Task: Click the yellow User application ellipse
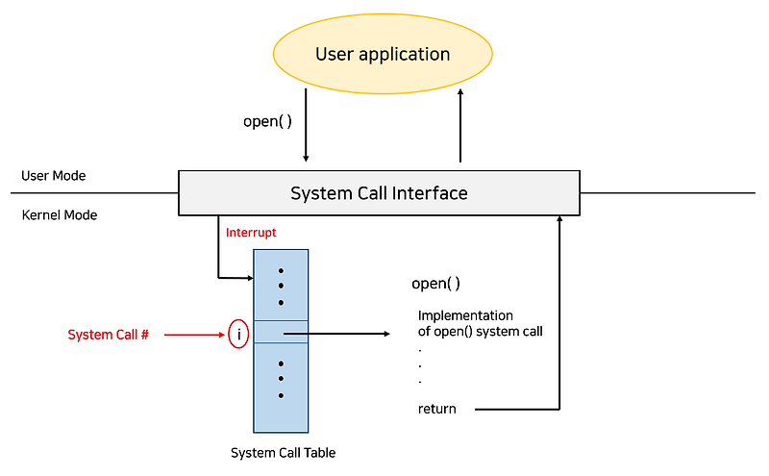[x=383, y=54]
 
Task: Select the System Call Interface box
[x=379, y=193]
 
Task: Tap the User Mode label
[x=54, y=176]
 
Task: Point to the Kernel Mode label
[x=60, y=215]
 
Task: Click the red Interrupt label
[x=251, y=233]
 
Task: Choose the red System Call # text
[x=108, y=335]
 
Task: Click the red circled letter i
[x=237, y=335]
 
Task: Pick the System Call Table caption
[x=283, y=452]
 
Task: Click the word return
[x=437, y=409]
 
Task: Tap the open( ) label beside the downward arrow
[x=268, y=122]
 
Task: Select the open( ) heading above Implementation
[x=435, y=284]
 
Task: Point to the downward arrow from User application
[x=306, y=125]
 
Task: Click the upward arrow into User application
[x=460, y=125]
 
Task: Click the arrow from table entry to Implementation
[x=336, y=335]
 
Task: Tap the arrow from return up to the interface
[x=558, y=317]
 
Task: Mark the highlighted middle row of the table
[x=281, y=332]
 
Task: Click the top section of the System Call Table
[x=281, y=285]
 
